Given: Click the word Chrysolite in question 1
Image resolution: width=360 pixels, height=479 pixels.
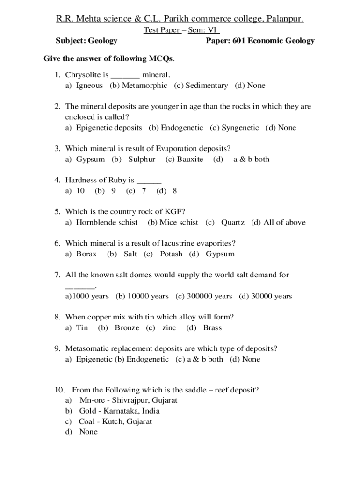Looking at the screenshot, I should click(81, 75).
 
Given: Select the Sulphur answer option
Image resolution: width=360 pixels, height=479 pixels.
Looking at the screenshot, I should click(141, 159).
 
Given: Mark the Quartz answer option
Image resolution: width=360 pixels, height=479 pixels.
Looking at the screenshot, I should click(232, 222).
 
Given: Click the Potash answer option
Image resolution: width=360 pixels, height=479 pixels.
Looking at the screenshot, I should click(171, 254).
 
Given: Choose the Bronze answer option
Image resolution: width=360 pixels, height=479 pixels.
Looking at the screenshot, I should click(127, 327).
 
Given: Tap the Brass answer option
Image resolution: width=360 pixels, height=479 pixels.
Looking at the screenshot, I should click(212, 327).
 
